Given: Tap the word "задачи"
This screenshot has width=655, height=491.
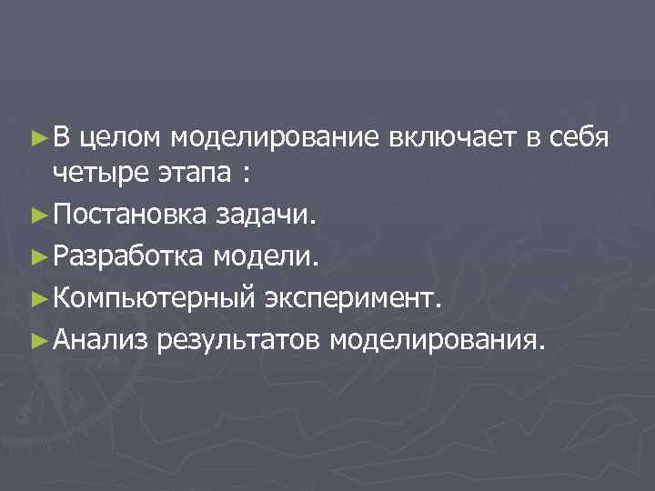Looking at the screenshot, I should point(267,215).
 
